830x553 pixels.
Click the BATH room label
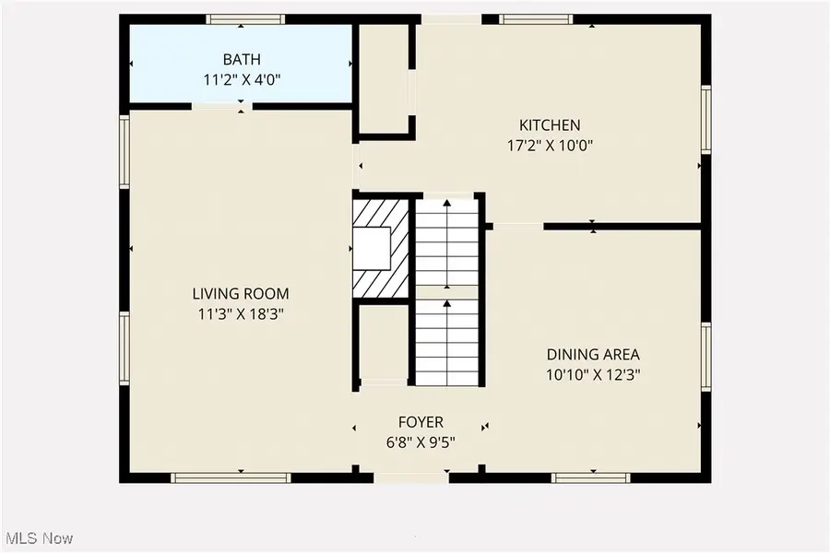coord(242,59)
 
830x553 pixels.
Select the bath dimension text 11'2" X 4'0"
coord(242,80)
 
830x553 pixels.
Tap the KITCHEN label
coord(550,125)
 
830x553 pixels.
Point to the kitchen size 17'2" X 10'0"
coord(550,146)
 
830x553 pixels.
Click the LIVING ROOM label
coord(241,294)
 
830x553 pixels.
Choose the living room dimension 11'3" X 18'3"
coord(241,314)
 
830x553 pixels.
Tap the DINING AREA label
coord(593,354)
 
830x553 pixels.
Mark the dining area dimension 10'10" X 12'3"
coord(593,375)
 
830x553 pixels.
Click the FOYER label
coord(421,422)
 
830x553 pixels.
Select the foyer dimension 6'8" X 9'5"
coord(421,442)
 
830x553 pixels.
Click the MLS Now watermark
coord(37,538)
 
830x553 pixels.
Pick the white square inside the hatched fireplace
coord(373,248)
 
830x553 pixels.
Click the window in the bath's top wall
coord(245,19)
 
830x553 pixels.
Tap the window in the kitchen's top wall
coord(536,19)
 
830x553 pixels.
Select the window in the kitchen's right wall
coord(706,119)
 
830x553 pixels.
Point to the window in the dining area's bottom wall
coord(591,477)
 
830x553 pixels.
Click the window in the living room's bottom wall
coord(231,477)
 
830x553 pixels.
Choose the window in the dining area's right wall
coord(706,356)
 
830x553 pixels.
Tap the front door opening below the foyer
coord(411,477)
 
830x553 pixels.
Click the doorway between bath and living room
coord(221,106)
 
